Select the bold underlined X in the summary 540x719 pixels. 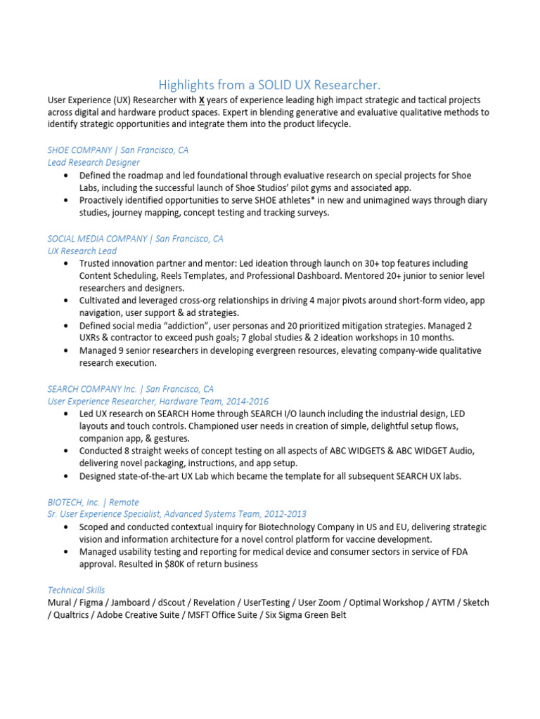[202, 100]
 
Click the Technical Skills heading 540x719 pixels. [76, 591]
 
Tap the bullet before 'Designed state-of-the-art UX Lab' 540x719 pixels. [65, 476]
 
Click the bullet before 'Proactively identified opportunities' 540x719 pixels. [65, 201]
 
